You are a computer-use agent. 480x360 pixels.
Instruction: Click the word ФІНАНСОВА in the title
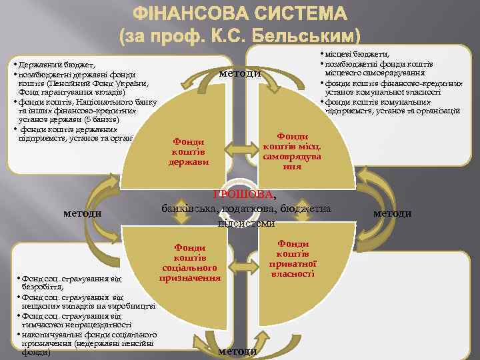coord(194,14)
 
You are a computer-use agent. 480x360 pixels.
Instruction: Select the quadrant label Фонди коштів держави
coord(189,151)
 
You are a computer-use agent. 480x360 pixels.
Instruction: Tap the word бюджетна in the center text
coord(309,209)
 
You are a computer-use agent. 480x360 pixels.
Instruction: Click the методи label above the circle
coord(240,73)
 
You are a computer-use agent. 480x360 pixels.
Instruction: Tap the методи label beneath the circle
coord(238,351)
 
